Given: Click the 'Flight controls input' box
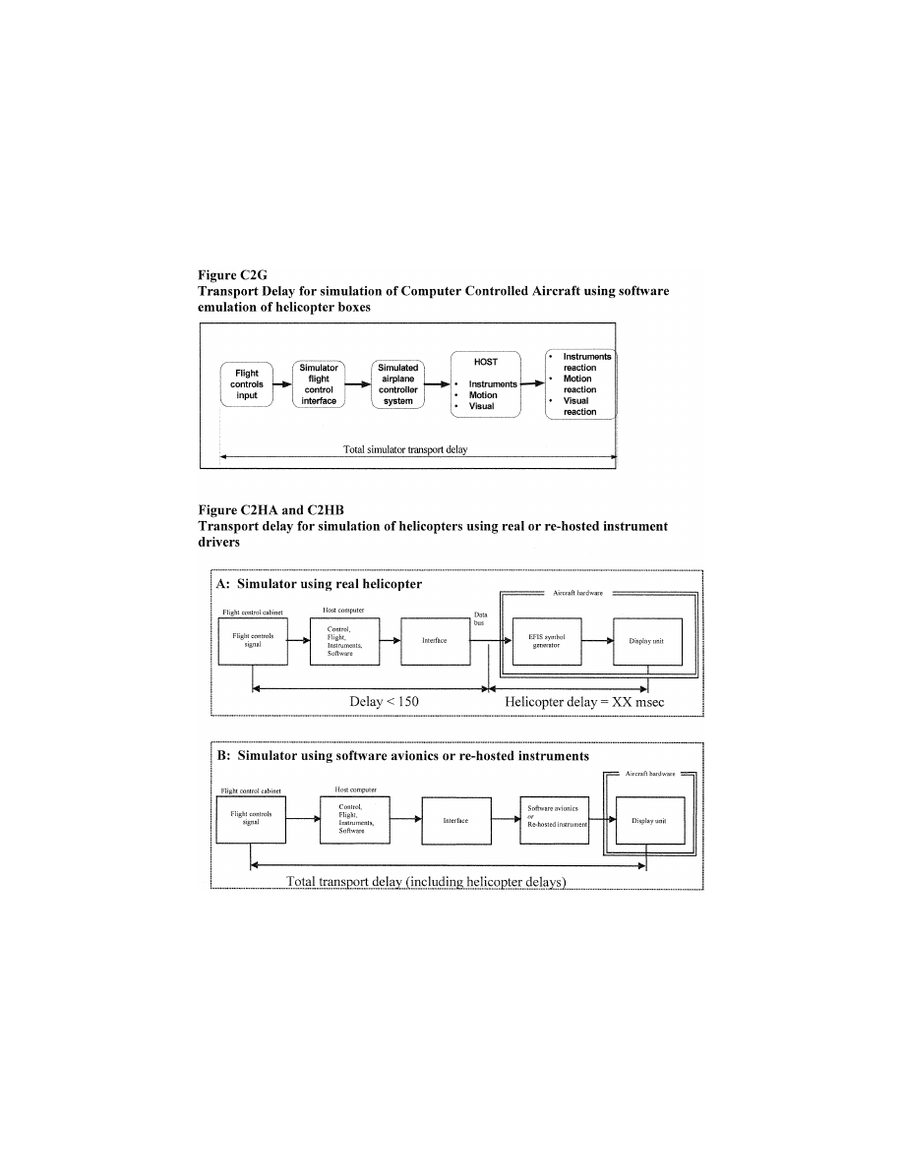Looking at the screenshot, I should pos(247,384).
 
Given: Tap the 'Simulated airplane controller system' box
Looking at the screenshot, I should pos(398,384).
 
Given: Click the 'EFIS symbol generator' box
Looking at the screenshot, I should pos(544,642).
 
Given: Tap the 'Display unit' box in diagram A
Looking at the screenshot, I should pos(646,642).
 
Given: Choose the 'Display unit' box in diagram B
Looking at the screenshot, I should pos(648,821).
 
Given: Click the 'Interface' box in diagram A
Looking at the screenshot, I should pos(434,642).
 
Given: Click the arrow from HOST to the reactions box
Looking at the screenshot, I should pos(532,383).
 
